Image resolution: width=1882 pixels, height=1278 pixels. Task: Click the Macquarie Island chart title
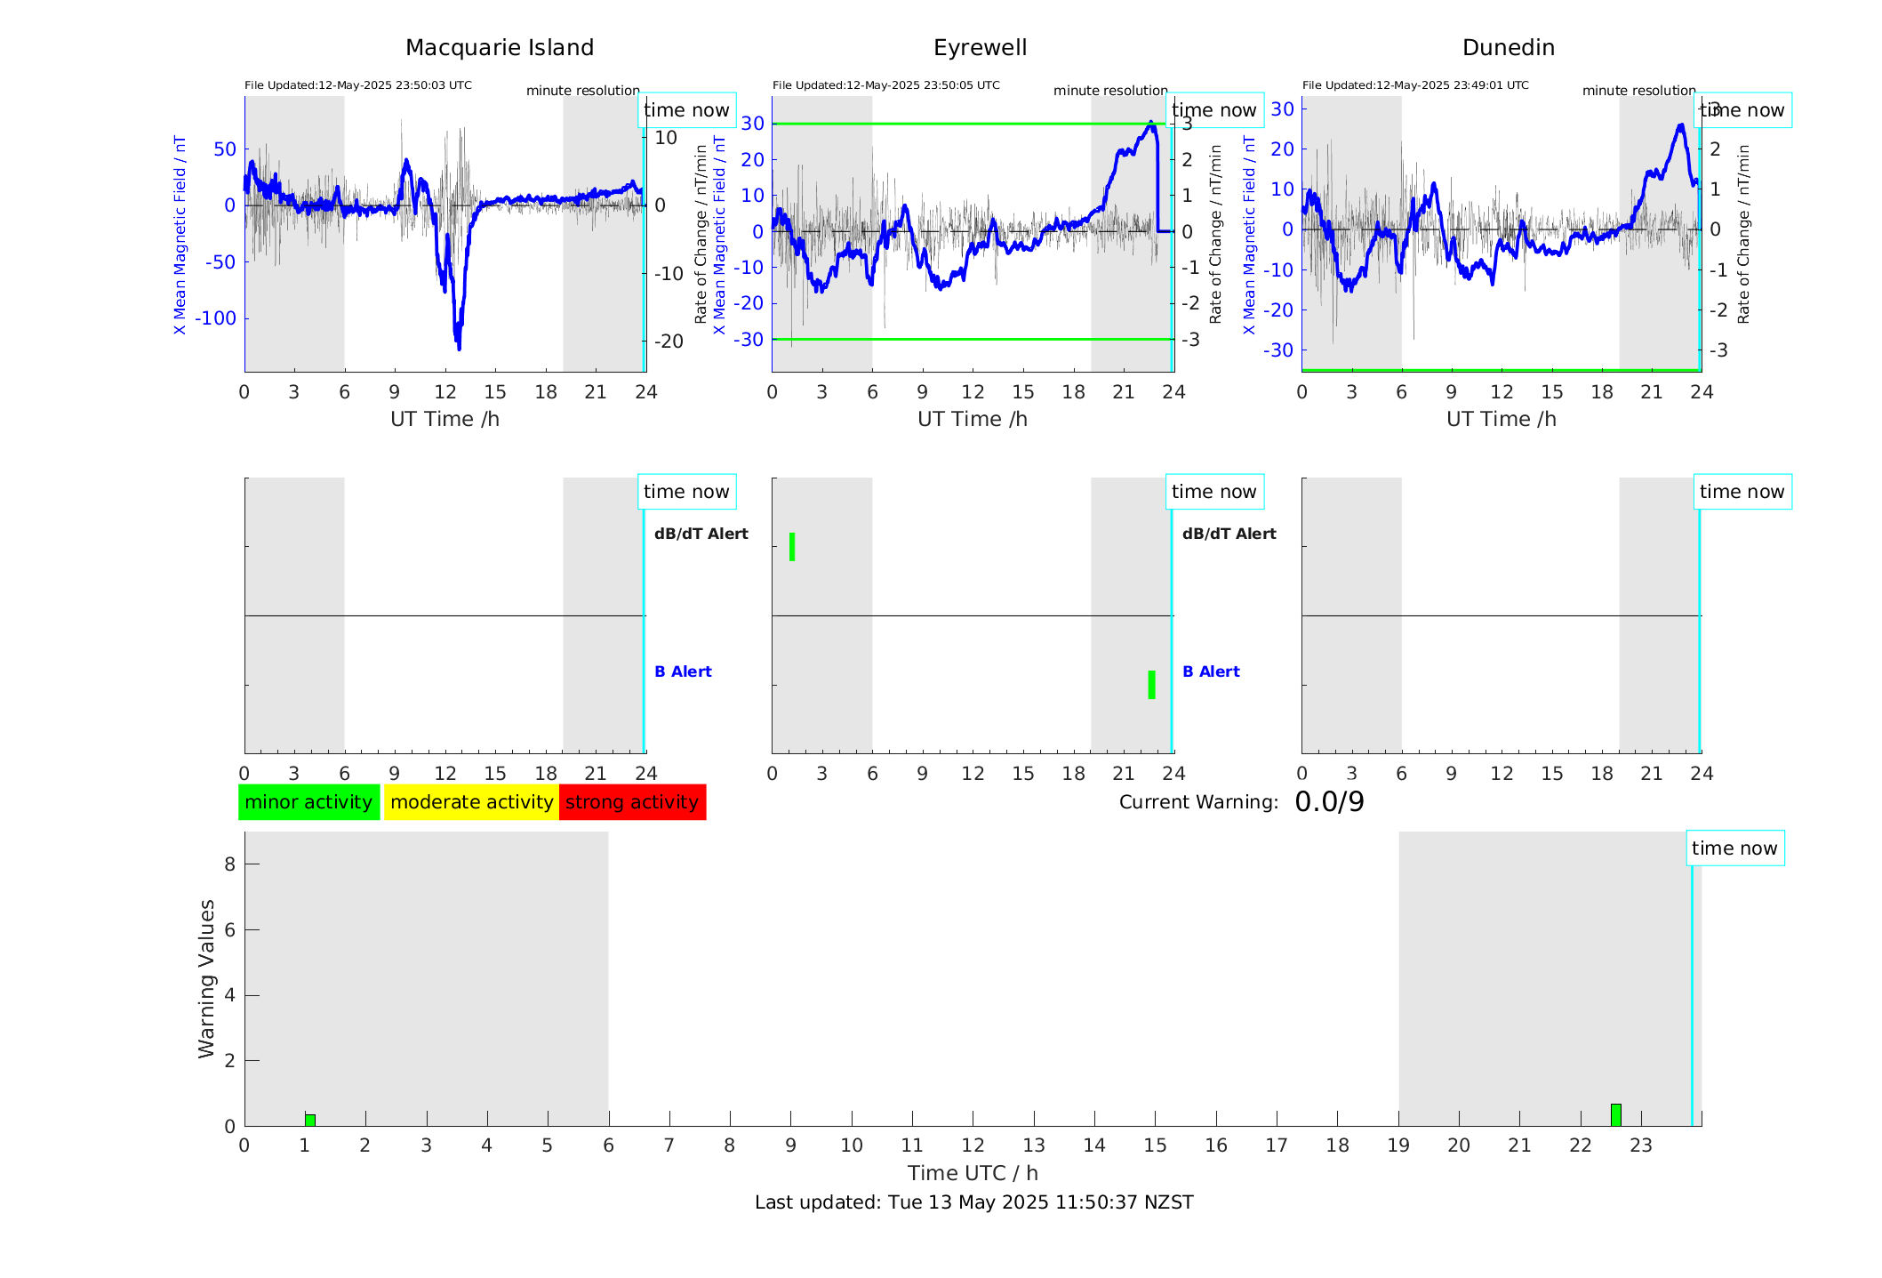[x=499, y=48]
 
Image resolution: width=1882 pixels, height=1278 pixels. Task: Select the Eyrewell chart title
[x=980, y=48]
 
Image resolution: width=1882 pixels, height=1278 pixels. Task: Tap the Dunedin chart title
[x=1508, y=48]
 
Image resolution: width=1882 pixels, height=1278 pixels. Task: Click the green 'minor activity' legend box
[x=308, y=802]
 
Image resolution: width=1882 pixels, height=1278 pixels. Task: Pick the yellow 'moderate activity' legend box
[x=471, y=802]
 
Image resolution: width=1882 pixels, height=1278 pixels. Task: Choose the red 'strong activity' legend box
[x=632, y=802]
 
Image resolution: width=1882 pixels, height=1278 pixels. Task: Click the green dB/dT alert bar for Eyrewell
[x=792, y=547]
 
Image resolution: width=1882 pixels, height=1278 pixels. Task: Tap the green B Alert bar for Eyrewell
[x=1151, y=685]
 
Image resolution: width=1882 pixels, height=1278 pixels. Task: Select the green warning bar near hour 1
[x=310, y=1120]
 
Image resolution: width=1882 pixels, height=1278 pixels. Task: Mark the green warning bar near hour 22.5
[x=1615, y=1115]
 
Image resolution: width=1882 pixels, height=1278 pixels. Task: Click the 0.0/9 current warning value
[x=1329, y=802]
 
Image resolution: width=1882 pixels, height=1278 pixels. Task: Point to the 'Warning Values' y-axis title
[x=207, y=978]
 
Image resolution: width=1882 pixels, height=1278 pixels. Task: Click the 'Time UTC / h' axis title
[x=973, y=1173]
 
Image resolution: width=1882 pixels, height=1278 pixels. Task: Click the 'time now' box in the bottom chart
[x=1734, y=848]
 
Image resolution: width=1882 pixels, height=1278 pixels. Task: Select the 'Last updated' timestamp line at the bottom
[x=973, y=1202]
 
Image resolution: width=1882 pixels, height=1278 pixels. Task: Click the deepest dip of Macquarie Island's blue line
[x=459, y=347]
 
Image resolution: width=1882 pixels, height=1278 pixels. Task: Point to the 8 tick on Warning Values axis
[x=229, y=864]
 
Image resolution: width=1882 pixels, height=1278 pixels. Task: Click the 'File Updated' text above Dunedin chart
[x=1415, y=85]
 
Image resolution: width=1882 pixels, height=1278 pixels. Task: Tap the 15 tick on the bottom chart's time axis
[x=1155, y=1145]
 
